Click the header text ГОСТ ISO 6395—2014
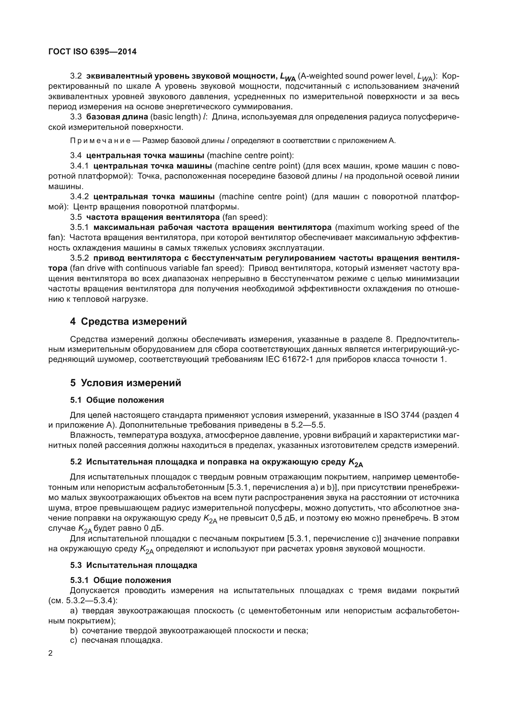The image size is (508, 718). pyautogui.click(x=92, y=52)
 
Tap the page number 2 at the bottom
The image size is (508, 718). pyautogui.click(x=51, y=653)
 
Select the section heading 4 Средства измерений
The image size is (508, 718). pyautogui.click(x=128, y=321)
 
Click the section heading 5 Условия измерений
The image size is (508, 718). pyautogui.click(x=125, y=383)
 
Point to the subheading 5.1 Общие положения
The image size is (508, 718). pyautogui.click(x=117, y=400)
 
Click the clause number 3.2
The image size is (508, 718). pyautogui.click(x=76, y=76)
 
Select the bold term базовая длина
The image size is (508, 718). pyautogui.click(x=117, y=117)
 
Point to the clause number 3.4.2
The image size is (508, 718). pyautogui.click(x=80, y=197)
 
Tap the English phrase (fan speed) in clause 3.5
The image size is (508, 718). pyautogui.click(x=244, y=217)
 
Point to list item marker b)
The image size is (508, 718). pyautogui.click(x=74, y=631)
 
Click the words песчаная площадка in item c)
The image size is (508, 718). pyautogui.click(x=121, y=640)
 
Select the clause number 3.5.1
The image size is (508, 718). pyautogui.click(x=80, y=227)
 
